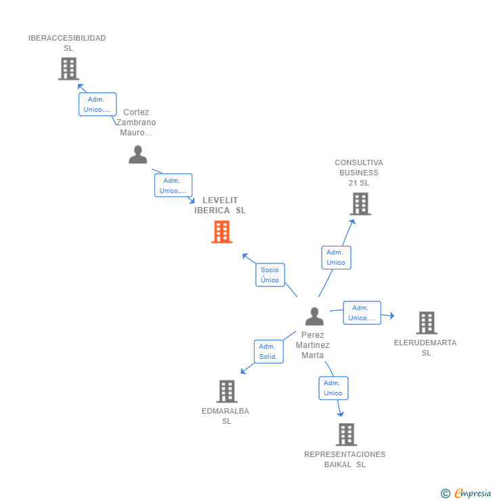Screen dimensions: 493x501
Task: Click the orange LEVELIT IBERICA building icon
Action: [x=221, y=232]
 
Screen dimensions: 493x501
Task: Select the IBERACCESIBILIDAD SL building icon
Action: [x=68, y=68]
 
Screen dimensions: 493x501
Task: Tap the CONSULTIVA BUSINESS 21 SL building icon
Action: [x=360, y=203]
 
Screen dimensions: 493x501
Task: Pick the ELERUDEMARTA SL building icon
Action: [x=426, y=323]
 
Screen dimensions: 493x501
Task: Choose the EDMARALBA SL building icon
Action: [x=227, y=391]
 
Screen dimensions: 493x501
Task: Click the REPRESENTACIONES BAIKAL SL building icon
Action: [x=346, y=434]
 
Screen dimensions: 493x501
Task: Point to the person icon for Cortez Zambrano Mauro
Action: [x=137, y=155]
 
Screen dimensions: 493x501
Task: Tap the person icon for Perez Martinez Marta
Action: [x=314, y=316]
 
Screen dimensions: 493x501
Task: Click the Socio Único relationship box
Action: [x=270, y=275]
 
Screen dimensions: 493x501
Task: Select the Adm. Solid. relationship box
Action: [x=268, y=351]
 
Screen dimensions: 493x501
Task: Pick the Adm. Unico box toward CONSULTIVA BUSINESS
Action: [x=336, y=257]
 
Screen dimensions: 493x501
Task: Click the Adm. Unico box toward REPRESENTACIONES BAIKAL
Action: [x=333, y=388]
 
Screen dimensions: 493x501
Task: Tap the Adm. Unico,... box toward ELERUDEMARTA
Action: [x=362, y=313]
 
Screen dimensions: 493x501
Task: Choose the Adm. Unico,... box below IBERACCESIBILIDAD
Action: [x=98, y=104]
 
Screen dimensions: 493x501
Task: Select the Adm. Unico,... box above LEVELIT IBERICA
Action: [x=173, y=186]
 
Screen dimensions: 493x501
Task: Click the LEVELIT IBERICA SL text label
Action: [x=220, y=205]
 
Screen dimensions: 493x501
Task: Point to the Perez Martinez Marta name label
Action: [x=313, y=345]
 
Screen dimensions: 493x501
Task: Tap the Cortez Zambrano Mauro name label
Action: [x=136, y=123]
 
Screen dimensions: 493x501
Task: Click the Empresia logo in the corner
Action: [x=466, y=494]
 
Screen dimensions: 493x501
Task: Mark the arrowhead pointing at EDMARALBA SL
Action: [x=243, y=371]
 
